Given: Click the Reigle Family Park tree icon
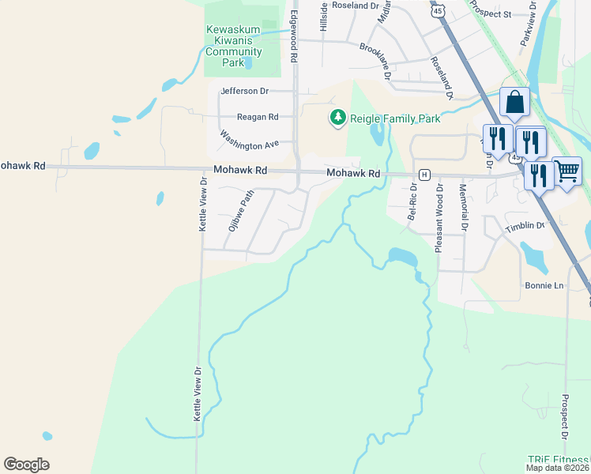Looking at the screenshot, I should [338, 118].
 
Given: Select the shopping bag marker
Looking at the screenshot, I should [514, 102].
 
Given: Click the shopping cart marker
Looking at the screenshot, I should [567, 170].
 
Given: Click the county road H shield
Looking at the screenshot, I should [424, 174].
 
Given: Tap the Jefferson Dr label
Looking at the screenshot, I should [245, 92].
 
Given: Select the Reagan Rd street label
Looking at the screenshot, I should [254, 117].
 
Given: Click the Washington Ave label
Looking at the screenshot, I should [250, 140].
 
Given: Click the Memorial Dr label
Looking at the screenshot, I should [464, 207].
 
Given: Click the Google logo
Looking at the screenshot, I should [26, 464].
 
